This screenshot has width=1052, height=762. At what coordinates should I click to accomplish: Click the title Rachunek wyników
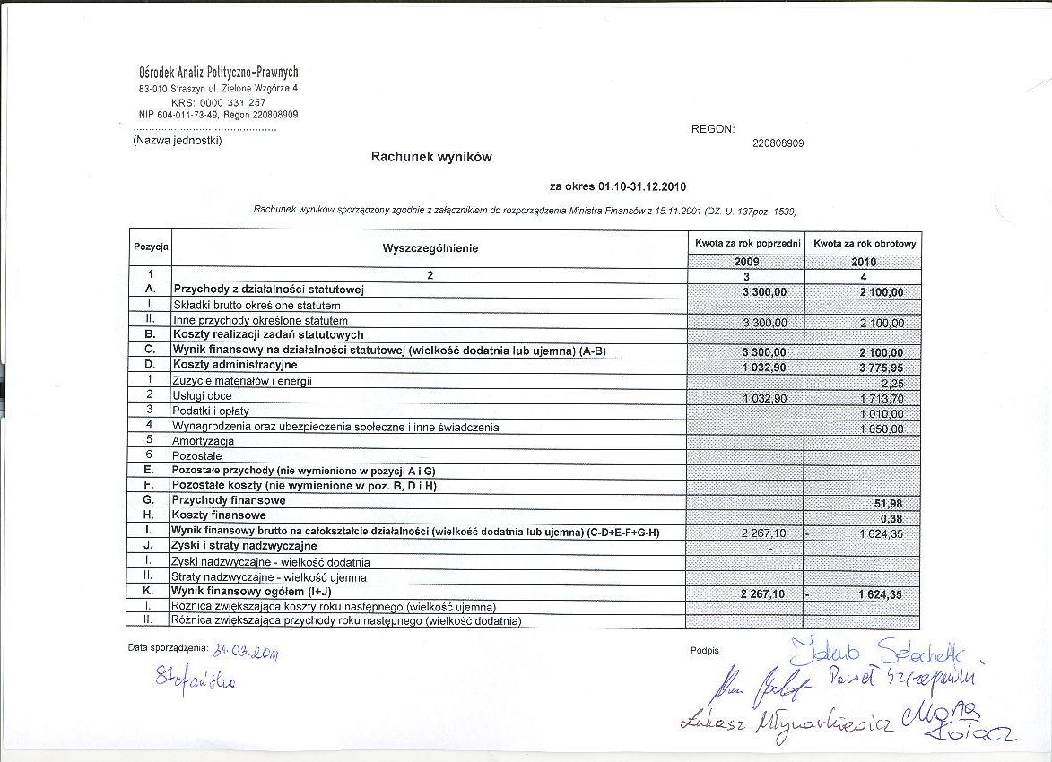tap(431, 157)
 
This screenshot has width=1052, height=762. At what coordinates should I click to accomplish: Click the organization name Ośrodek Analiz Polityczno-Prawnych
tap(219, 72)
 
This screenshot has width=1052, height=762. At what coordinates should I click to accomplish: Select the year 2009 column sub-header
tap(746, 262)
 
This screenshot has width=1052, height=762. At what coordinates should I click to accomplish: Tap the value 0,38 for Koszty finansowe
tap(891, 518)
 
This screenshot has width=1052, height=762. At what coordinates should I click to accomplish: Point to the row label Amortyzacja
tap(204, 441)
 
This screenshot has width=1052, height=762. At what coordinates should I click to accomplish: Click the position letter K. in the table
tap(150, 592)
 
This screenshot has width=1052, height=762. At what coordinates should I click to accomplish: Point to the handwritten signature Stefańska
tap(196, 682)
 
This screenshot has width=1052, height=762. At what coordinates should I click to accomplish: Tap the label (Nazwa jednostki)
tap(178, 140)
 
